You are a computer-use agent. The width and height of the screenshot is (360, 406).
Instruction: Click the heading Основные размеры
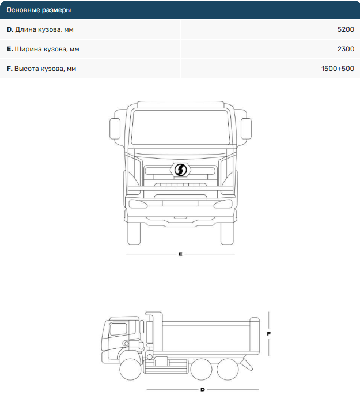point(39,10)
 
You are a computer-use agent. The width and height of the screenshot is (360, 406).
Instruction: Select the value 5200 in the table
point(346,29)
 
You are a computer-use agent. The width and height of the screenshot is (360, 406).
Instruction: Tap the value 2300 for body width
point(346,49)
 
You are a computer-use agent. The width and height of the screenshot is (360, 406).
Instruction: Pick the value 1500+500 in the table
point(338,69)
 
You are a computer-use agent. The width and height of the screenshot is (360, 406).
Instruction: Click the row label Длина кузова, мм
point(44,29)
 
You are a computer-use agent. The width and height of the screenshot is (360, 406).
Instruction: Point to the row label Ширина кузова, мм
point(47,49)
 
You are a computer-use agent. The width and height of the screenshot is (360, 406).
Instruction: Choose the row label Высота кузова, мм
point(45,69)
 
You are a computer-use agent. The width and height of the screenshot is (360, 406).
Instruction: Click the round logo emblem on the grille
point(180,170)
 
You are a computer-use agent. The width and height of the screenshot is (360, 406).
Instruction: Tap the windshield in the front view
point(180,127)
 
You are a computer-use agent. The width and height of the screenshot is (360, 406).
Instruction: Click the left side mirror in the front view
point(115,129)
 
